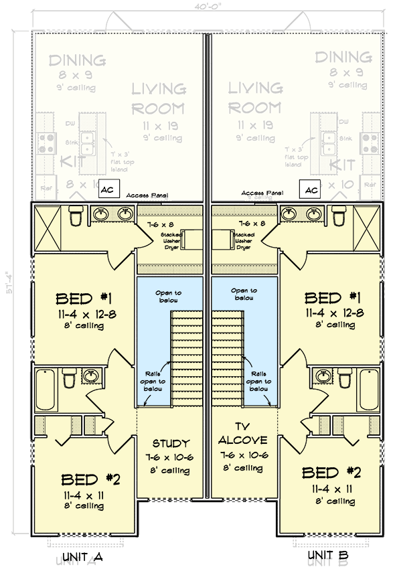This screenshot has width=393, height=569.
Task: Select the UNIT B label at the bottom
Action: [328, 556]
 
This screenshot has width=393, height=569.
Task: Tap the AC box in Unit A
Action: [108, 190]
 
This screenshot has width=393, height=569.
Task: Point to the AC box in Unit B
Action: [310, 190]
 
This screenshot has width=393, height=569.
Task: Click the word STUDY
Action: [171, 443]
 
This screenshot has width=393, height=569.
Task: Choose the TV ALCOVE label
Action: [242, 433]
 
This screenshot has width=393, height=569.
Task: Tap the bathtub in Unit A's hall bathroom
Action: [45, 389]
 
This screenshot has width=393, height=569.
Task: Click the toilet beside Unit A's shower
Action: [75, 216]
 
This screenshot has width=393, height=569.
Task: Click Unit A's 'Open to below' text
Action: [169, 295]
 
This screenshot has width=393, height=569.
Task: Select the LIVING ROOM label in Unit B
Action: [255, 98]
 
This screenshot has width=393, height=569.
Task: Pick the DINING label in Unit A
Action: [76, 60]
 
